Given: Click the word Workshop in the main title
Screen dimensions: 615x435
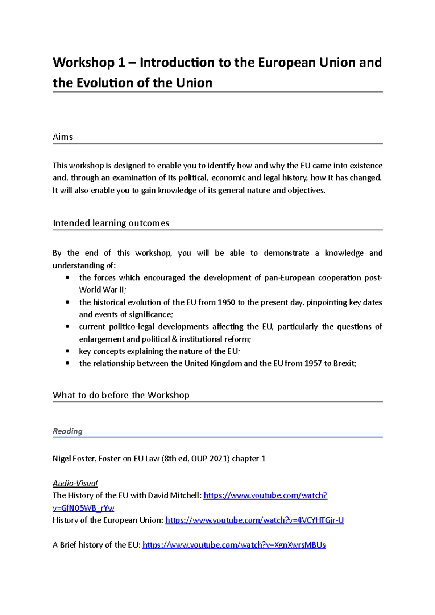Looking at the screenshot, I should tap(83, 63).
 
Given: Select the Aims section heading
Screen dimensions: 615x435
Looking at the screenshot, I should tap(63, 137).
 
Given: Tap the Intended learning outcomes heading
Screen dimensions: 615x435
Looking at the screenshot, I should tap(111, 223).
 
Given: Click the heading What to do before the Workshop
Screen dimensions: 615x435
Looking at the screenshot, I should tap(121, 395).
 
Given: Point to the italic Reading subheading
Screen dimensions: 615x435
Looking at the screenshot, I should tap(67, 431).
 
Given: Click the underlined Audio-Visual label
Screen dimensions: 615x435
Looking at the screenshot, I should tap(75, 483).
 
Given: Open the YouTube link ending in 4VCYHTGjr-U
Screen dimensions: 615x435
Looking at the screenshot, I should tap(254, 520).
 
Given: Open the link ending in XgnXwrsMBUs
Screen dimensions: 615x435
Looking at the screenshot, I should tap(234, 545).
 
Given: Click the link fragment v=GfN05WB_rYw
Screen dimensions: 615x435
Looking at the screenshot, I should tap(83, 508).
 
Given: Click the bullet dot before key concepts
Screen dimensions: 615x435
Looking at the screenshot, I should tap(67, 351).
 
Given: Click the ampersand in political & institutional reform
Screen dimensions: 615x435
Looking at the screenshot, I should tap(174, 339).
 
